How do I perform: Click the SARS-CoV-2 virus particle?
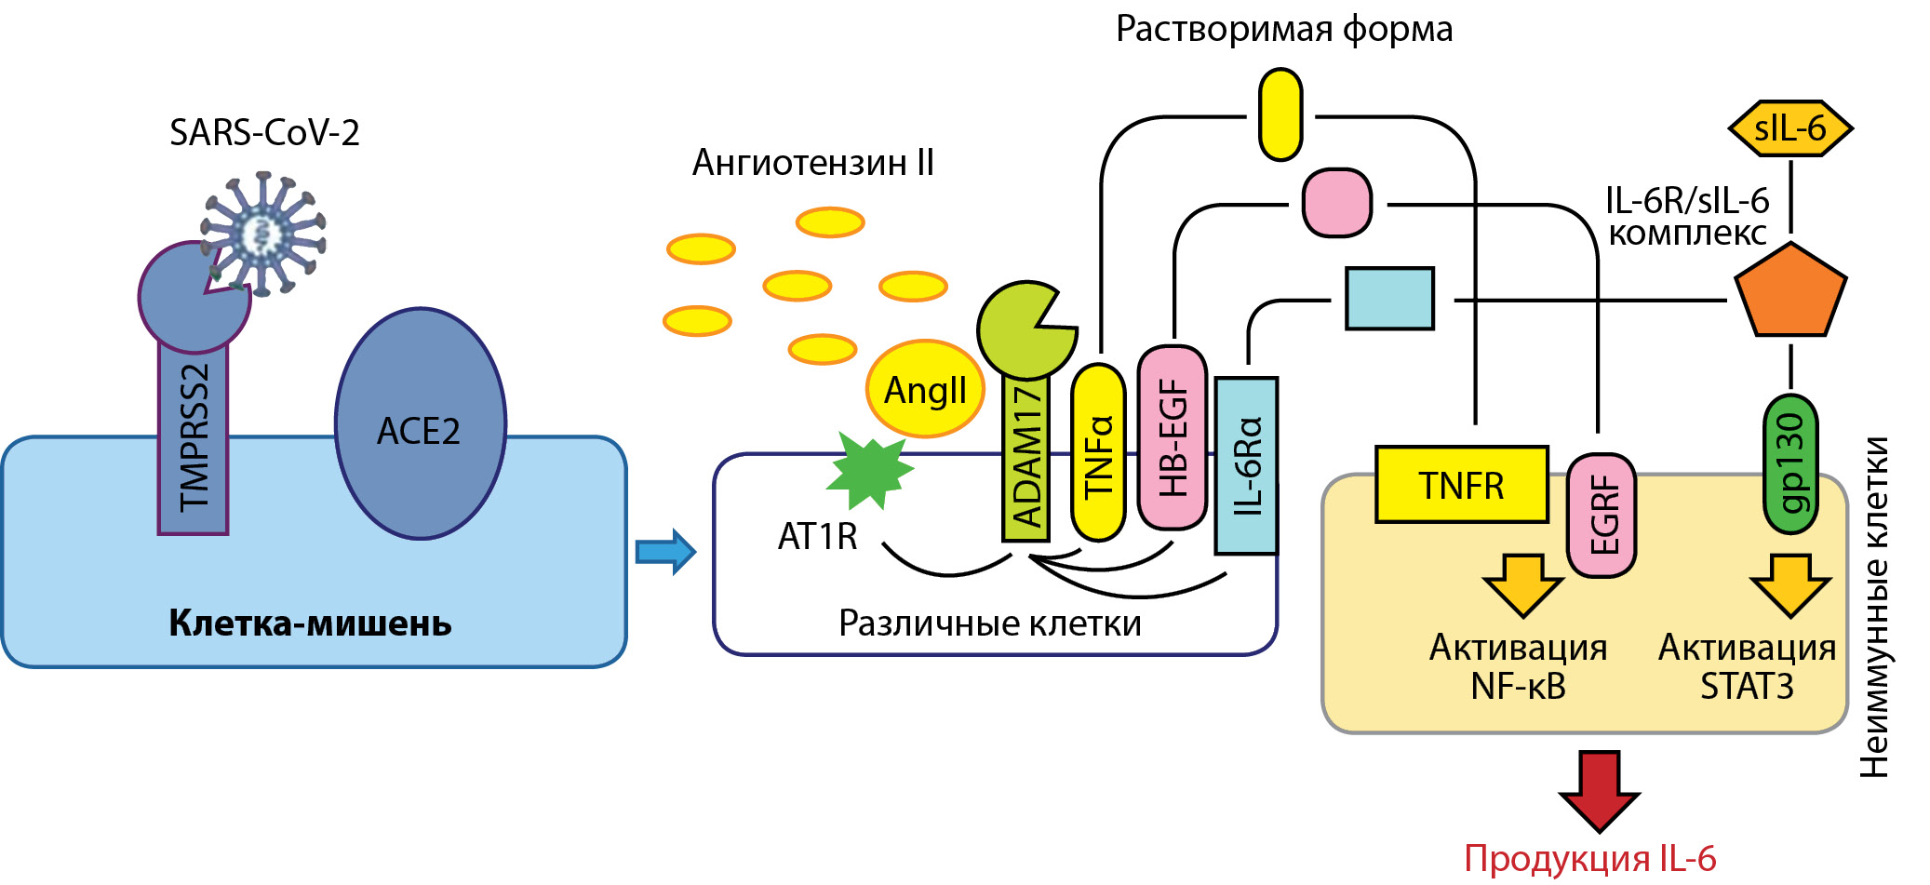[263, 233]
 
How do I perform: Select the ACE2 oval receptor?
[420, 424]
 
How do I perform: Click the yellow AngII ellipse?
[925, 389]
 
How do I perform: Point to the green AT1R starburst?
[869, 471]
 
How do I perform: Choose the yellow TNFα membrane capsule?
[1099, 453]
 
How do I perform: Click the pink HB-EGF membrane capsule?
[1173, 437]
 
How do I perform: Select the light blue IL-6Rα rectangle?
[1247, 465]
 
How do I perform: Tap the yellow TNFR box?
[1461, 485]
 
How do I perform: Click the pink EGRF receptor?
[1602, 515]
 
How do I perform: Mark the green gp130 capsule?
[1790, 463]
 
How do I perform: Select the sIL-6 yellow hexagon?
[1789, 128]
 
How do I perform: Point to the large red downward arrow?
[1599, 789]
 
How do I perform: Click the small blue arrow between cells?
[665, 552]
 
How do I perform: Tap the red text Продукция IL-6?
[1589, 858]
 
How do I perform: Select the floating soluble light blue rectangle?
[1389, 299]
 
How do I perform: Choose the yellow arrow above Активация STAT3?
[1790, 584]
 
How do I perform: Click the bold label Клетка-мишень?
[310, 623]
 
